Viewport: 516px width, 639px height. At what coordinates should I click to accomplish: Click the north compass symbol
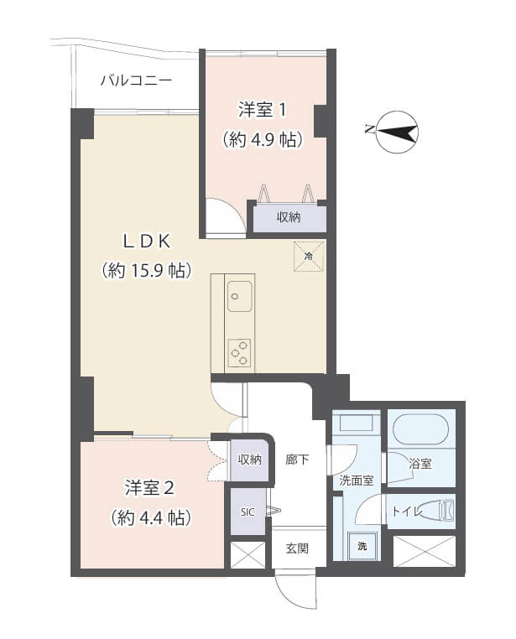(395, 132)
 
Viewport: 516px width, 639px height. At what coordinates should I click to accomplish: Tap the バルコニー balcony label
(136, 81)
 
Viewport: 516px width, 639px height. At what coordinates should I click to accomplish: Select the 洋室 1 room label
(262, 109)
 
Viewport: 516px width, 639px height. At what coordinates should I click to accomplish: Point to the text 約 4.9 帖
(262, 140)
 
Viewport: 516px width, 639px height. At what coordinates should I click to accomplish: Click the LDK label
(147, 242)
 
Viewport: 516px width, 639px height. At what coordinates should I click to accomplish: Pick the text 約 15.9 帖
(147, 271)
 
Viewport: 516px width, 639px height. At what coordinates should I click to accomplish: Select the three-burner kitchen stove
(239, 351)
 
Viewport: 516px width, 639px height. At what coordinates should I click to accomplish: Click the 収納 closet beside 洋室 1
(289, 217)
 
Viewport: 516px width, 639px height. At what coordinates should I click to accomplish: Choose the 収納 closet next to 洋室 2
(249, 460)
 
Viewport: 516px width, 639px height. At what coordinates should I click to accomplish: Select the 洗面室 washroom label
(356, 481)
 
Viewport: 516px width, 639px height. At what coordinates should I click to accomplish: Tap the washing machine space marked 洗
(362, 546)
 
